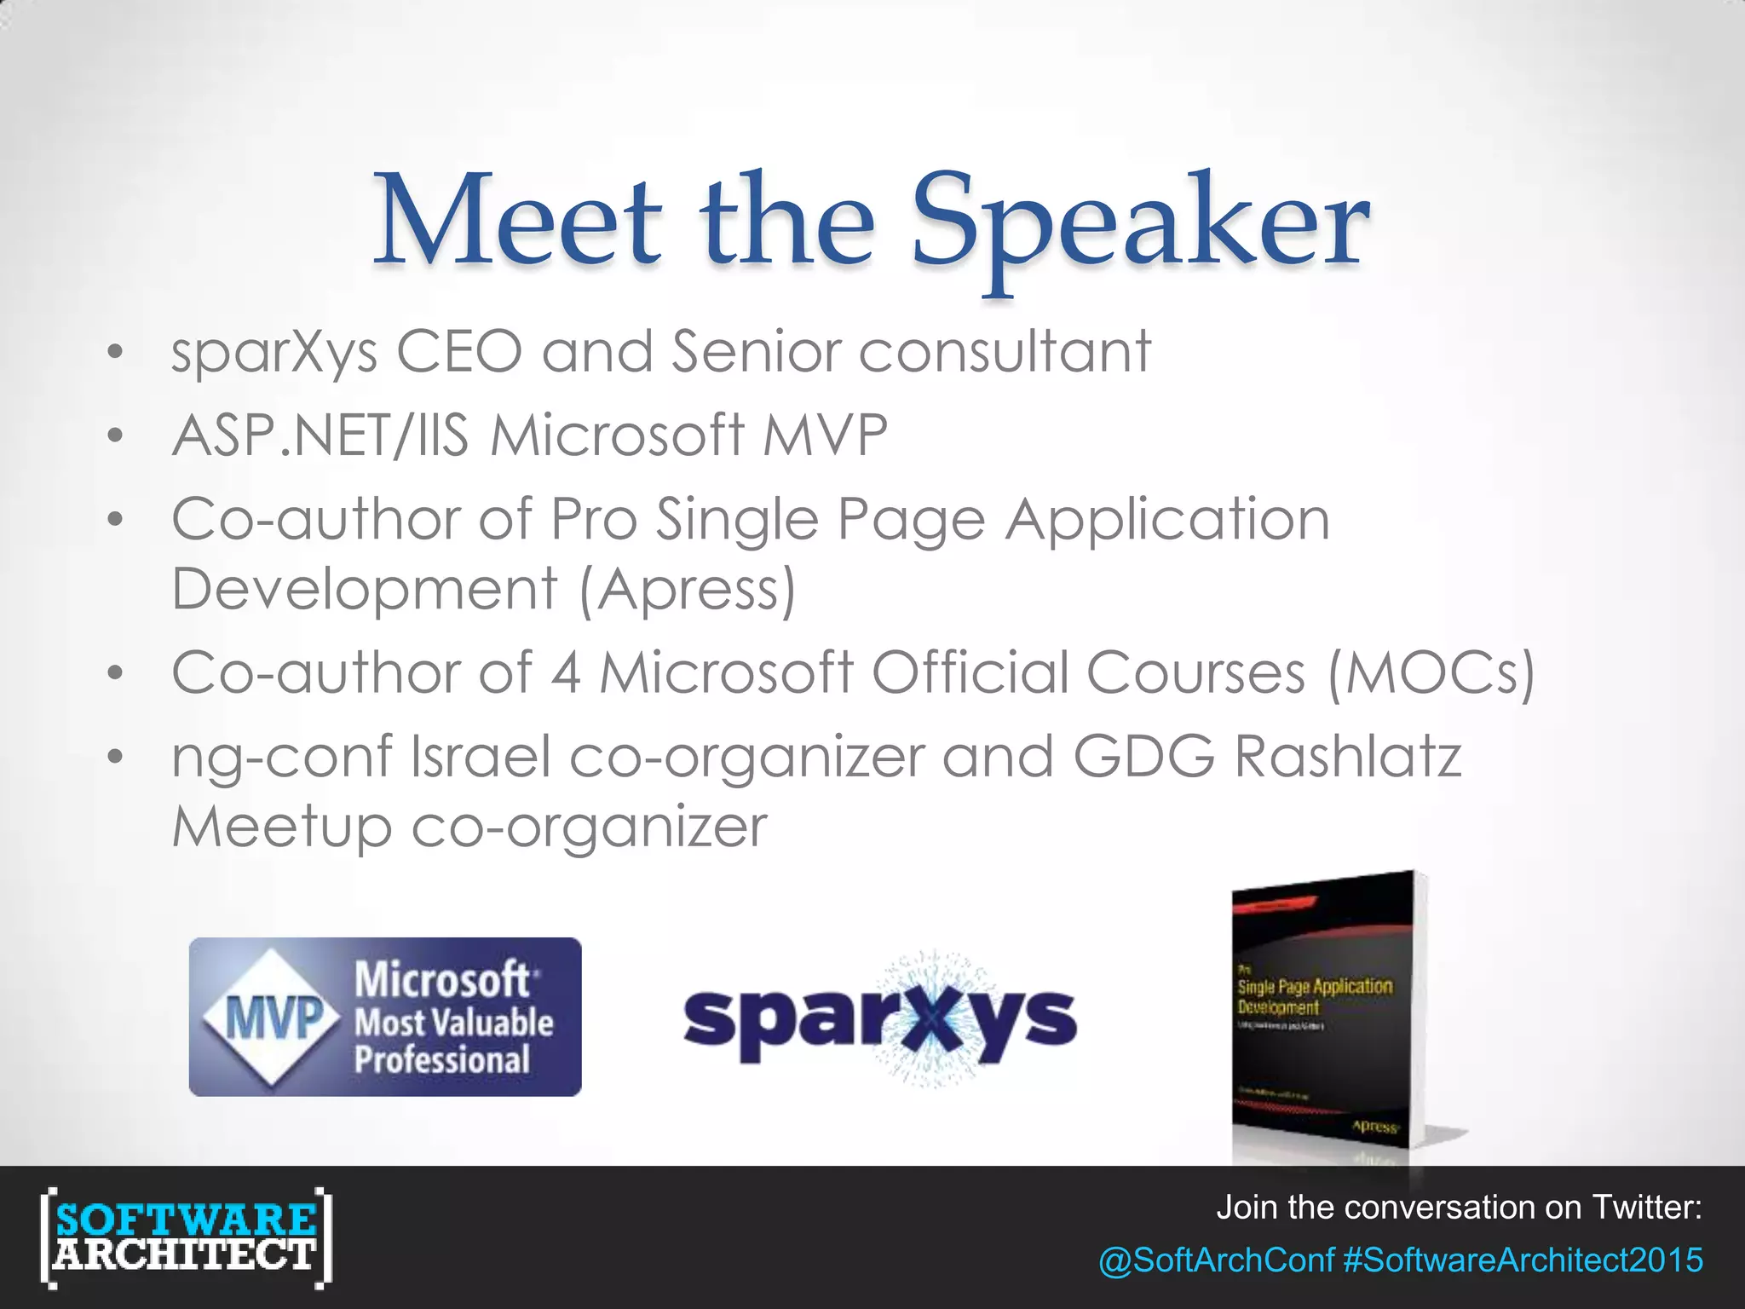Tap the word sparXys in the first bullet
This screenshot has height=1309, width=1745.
tap(274, 352)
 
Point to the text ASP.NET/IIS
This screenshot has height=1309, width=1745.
tap(320, 435)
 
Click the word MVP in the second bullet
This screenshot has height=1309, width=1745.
tap(825, 435)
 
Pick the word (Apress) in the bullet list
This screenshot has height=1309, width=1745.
tap(688, 589)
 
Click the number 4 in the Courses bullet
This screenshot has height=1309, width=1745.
tap(566, 672)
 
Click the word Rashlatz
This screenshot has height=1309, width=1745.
tap(1349, 757)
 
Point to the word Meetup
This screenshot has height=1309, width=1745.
tap(281, 827)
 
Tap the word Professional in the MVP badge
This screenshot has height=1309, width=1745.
tap(442, 1060)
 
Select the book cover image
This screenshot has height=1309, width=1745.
tap(1329, 1023)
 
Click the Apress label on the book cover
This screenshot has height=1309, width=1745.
tap(1374, 1127)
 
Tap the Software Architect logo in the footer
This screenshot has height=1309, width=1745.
tap(186, 1237)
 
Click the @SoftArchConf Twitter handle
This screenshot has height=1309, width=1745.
tap(1216, 1260)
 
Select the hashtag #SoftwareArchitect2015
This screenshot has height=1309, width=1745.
tap(1523, 1260)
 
